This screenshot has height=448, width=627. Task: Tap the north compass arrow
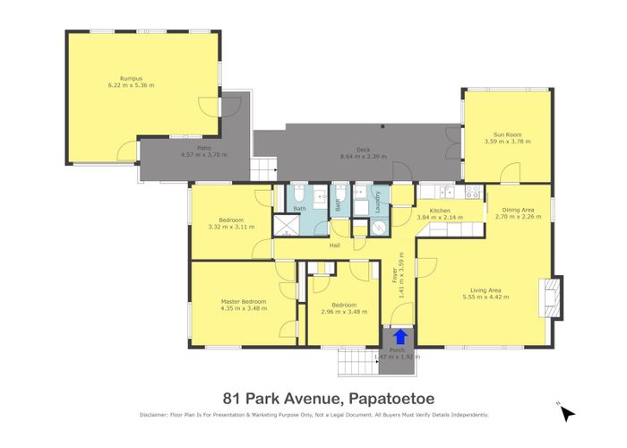tap(567, 412)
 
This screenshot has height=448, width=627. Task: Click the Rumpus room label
tap(132, 78)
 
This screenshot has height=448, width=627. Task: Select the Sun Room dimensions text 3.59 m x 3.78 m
tap(502, 142)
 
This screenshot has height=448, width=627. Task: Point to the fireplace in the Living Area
tap(551, 296)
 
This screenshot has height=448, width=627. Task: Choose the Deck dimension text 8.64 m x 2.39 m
tap(363, 157)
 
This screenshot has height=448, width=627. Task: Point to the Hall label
tap(334, 245)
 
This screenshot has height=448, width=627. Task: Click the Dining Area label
tap(519, 208)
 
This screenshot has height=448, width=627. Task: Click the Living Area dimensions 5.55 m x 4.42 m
tap(490, 297)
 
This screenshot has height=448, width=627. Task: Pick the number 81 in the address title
tap(231, 396)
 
